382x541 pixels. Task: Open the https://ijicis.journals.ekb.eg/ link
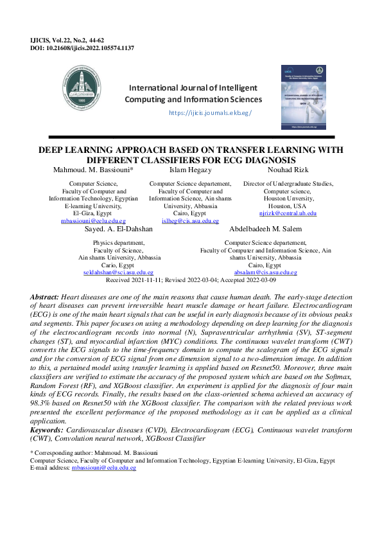pos(210,112)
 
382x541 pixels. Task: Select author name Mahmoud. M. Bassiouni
pos(94,170)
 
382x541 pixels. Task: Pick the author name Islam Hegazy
pos(191,170)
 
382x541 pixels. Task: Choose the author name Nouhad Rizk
pos(288,170)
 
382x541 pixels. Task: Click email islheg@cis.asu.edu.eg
pos(191,220)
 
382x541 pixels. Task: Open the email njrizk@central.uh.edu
pos(288,213)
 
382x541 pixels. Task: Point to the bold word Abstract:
pos(45,297)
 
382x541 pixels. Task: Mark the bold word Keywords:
pos(48,429)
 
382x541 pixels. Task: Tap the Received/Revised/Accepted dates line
pos(191,281)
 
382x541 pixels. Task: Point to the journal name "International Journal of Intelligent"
pos(193,88)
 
